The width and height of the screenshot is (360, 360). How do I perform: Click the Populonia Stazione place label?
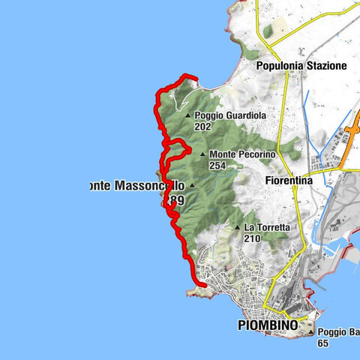pyautogui.click(x=301, y=66)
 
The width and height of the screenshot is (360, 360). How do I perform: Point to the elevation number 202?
pyautogui.click(x=202, y=127)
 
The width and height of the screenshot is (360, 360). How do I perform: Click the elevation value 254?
pyautogui.click(x=218, y=165)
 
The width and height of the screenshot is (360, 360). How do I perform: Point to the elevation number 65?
pyautogui.click(x=323, y=343)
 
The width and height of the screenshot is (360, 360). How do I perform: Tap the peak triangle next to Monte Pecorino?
pyautogui.click(x=202, y=154)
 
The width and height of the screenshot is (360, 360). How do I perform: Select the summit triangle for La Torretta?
pyautogui.click(x=238, y=227)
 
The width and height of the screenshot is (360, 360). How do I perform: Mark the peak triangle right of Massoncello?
pyautogui.click(x=192, y=185)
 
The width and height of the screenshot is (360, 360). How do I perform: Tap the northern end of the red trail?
pyautogui.click(x=196, y=78)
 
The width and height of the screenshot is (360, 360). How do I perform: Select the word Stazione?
pyautogui.click(x=326, y=66)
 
